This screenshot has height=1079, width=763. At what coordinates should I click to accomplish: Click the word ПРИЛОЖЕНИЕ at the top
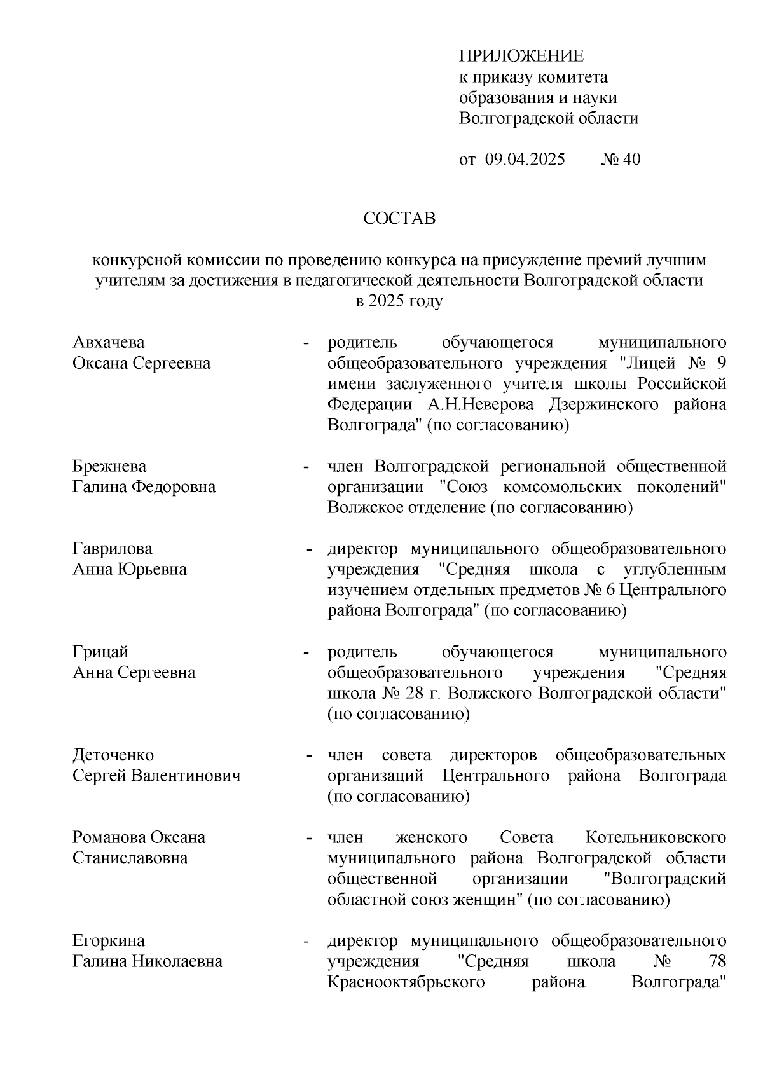point(521,56)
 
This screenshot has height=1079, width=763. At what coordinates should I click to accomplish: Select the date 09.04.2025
point(525,159)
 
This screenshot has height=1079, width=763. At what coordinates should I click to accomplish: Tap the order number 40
point(631,159)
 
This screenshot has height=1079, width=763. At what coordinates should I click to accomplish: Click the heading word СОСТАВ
point(399,219)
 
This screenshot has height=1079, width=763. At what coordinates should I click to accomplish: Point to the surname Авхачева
point(109,343)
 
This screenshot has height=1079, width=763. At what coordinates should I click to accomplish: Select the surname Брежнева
point(109,466)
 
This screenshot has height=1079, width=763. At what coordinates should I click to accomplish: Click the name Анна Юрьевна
point(130,569)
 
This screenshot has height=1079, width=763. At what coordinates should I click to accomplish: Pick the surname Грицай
point(100,652)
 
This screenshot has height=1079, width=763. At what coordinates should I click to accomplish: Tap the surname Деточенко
point(113,755)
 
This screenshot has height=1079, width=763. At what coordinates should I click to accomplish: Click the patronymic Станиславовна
point(130,858)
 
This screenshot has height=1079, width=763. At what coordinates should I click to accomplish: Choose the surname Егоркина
point(109,940)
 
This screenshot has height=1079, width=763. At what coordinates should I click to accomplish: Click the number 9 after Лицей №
point(721,363)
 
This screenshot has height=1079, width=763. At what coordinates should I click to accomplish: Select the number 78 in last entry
point(716,961)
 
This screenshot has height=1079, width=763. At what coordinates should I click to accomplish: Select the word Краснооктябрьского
point(406,982)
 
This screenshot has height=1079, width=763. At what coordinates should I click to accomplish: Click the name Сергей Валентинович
point(156,776)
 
